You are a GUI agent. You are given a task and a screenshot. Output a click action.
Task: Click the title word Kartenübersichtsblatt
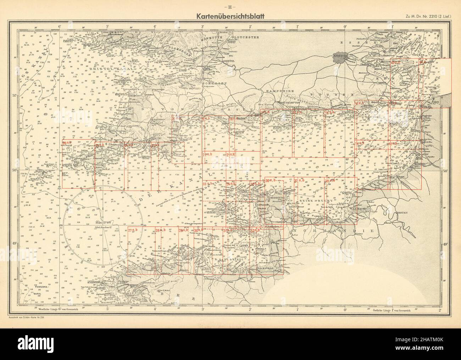click(230, 16)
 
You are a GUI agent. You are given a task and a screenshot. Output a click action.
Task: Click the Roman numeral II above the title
click(230, 8)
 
